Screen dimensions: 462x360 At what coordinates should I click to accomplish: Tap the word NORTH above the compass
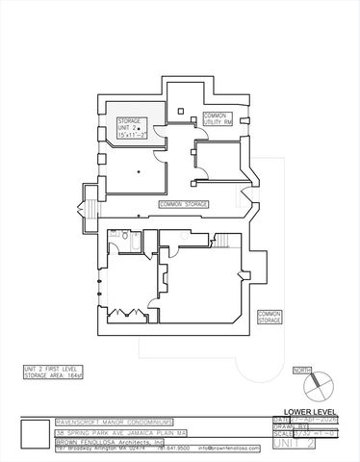302,370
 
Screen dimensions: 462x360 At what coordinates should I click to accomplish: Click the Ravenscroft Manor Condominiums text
106,422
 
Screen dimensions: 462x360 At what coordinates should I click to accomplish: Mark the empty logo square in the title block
36,434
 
